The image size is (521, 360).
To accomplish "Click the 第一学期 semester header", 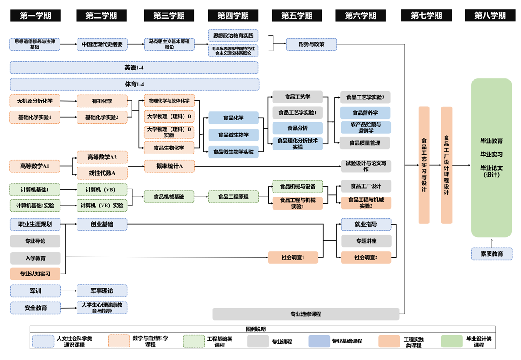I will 35,16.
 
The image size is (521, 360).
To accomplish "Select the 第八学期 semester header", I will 490,16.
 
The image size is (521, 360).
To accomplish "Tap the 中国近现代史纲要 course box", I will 102,44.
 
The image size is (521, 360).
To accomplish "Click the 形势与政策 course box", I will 312,44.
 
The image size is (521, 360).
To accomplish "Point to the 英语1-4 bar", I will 134,68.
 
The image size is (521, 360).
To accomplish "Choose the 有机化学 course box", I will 102,101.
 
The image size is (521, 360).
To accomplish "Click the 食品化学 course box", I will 233,118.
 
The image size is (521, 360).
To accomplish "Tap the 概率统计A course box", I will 169,166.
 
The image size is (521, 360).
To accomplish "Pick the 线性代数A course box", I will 102,173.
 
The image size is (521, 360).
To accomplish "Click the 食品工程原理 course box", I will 233,197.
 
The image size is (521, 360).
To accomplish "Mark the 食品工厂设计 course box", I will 366,186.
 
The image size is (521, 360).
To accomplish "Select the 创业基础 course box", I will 102,224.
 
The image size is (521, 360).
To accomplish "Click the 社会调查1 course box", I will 293,257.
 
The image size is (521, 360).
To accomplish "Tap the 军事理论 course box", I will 102,291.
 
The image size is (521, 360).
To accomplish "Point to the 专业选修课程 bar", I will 306,314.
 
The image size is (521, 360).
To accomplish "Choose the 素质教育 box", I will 491,253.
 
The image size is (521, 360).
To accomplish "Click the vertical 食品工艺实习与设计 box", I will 424,165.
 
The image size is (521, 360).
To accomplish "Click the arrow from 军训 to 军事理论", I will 68,291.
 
